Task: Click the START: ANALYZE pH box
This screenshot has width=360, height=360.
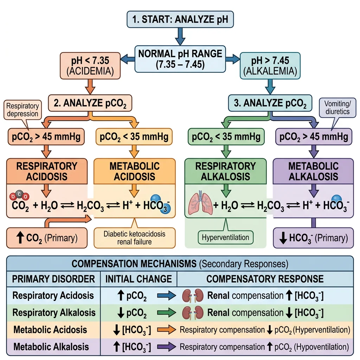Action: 179,19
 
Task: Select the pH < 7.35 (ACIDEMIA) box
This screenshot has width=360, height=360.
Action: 90,66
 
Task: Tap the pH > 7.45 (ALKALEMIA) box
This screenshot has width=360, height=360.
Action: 269,66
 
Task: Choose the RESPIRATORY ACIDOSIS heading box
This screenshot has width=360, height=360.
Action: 47,171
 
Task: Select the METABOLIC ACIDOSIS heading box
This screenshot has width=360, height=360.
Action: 134,171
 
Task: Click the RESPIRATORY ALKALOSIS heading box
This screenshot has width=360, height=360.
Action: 225,171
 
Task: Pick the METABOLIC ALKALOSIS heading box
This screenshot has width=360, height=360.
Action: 313,171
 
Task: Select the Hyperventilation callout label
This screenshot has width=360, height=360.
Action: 225,237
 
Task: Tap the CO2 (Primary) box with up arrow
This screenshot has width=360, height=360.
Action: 47,238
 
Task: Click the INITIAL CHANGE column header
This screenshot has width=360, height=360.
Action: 139,279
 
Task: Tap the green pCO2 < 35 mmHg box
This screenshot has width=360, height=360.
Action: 225,136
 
